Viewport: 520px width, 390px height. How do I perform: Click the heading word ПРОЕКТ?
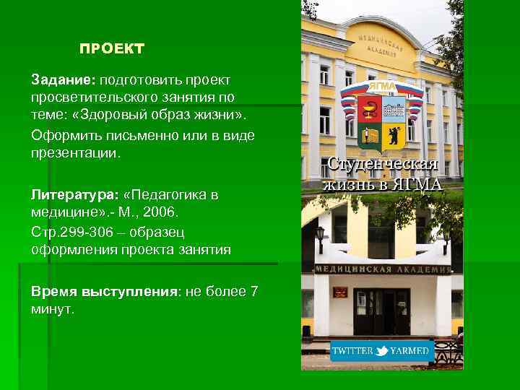point(112,49)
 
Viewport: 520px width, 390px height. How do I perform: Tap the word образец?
point(157,233)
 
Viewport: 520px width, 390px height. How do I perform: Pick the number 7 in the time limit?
point(253,291)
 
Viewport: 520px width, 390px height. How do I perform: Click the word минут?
point(52,310)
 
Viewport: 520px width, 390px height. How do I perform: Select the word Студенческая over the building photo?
point(383,164)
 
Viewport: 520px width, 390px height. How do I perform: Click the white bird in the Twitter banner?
point(383,351)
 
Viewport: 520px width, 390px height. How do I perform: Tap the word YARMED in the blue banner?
point(410,352)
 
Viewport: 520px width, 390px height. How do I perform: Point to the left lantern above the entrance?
point(319,233)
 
